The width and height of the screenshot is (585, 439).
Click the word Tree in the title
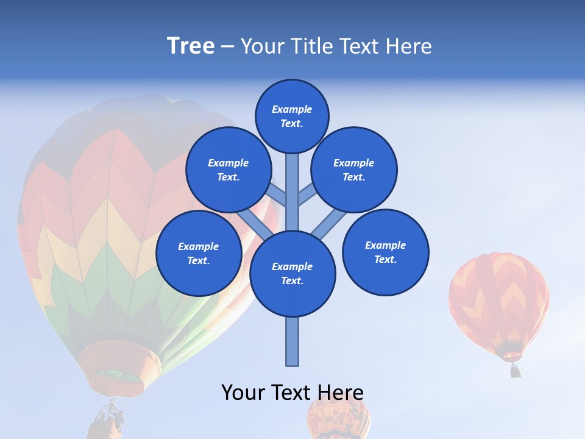coord(191,46)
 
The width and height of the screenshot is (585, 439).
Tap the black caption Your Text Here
coord(292,392)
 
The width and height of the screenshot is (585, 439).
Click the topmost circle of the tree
coord(292,116)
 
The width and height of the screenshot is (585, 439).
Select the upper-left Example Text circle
coord(228,170)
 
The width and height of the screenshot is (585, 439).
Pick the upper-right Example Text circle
coord(353,170)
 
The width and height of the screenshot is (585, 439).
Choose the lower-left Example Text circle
coord(199,253)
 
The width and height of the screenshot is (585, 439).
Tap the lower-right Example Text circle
coord(385,252)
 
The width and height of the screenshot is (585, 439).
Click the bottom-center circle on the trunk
coord(292,274)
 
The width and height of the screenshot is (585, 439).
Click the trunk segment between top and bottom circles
coord(292,192)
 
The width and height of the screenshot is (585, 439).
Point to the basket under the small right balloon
coord(516,371)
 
